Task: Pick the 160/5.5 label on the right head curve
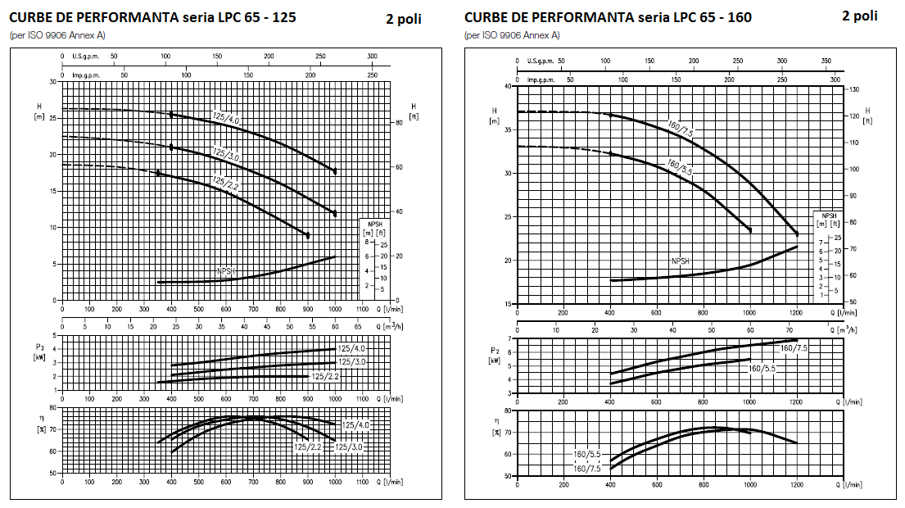(680, 169)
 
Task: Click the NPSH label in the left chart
(227, 270)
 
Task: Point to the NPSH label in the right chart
(681, 261)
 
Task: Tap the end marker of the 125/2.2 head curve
(308, 235)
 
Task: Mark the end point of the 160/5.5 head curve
(750, 230)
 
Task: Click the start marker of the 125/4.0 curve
(171, 115)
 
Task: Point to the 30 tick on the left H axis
(53, 82)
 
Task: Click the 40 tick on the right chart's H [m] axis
(508, 86)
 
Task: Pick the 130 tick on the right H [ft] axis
(853, 88)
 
